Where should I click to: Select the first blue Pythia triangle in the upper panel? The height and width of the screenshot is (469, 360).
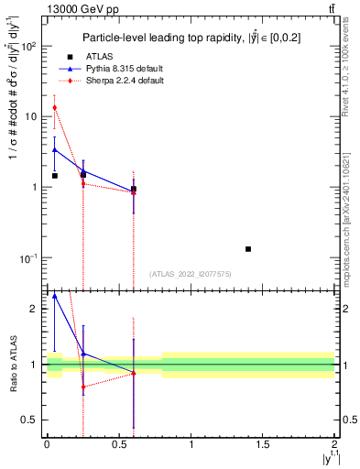pyautogui.click(x=55, y=149)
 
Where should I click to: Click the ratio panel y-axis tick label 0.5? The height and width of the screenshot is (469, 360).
pyautogui.click(x=31, y=420)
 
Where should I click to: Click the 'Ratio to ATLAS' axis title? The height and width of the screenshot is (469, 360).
pyautogui.click(x=11, y=364)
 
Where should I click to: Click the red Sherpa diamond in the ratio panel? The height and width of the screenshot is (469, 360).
pyautogui.click(x=83, y=387)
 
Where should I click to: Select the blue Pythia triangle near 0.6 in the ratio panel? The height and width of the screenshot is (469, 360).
pyautogui.click(x=134, y=373)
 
